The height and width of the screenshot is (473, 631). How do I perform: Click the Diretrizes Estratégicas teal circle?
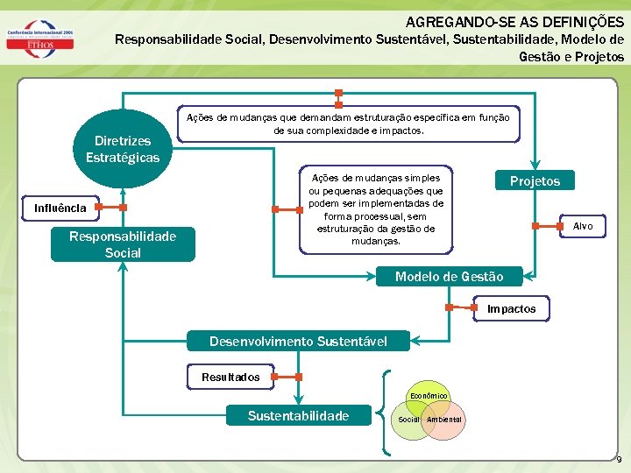(123, 147)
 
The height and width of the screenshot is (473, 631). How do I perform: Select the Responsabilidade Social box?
(123, 244)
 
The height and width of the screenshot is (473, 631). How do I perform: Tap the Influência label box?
(60, 208)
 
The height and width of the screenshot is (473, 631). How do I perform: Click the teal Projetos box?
(535, 180)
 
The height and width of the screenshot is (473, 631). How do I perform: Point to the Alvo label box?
(583, 226)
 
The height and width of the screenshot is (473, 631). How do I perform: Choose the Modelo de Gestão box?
(449, 277)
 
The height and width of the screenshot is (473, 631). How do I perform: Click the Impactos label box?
(512, 309)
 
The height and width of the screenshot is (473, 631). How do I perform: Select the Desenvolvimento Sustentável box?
(298, 341)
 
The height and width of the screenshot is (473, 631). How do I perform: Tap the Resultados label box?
(230, 378)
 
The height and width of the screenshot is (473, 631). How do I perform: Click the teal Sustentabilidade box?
(298, 415)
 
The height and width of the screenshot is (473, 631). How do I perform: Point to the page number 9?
(619, 460)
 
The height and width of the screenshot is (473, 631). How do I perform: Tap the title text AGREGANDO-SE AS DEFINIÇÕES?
(515, 21)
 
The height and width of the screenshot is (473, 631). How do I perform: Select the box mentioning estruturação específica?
(348, 124)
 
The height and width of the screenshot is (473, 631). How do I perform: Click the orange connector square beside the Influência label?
(98, 208)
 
